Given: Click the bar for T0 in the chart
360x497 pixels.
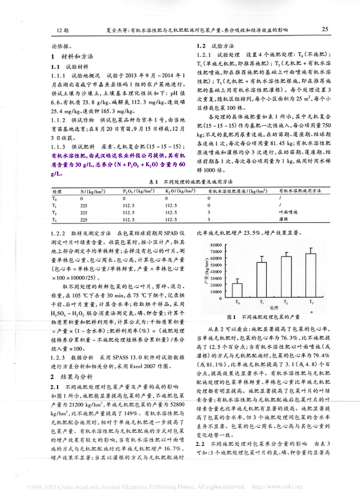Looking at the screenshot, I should [x=237, y=289].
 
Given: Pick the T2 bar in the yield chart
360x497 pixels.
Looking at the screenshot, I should [x=286, y=276].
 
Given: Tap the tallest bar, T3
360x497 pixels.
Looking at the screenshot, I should [x=310, y=275].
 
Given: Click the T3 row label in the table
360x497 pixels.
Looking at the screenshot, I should [x=55, y=219].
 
